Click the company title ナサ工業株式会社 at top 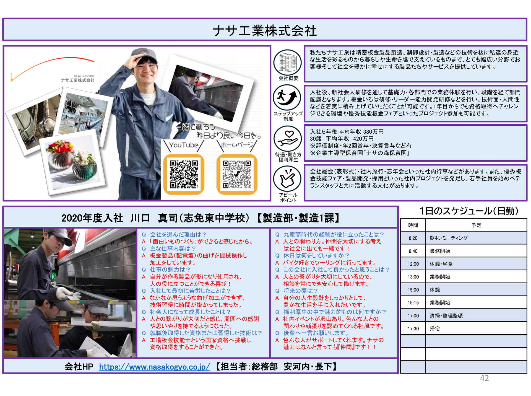[x=265, y=30]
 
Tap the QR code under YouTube [x=184, y=174]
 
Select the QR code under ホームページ [x=237, y=174]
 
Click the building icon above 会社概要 [x=288, y=63]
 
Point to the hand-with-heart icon [x=288, y=138]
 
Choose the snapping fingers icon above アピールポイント [x=288, y=179]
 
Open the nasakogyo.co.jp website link [x=154, y=367]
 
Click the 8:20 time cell [x=413, y=238]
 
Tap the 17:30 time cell [x=413, y=329]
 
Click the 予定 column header [x=476, y=225]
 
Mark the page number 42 [x=484, y=378]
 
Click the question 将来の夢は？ [x=300, y=291]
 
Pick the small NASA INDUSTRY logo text [x=84, y=76]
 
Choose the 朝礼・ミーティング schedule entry [x=449, y=238]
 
